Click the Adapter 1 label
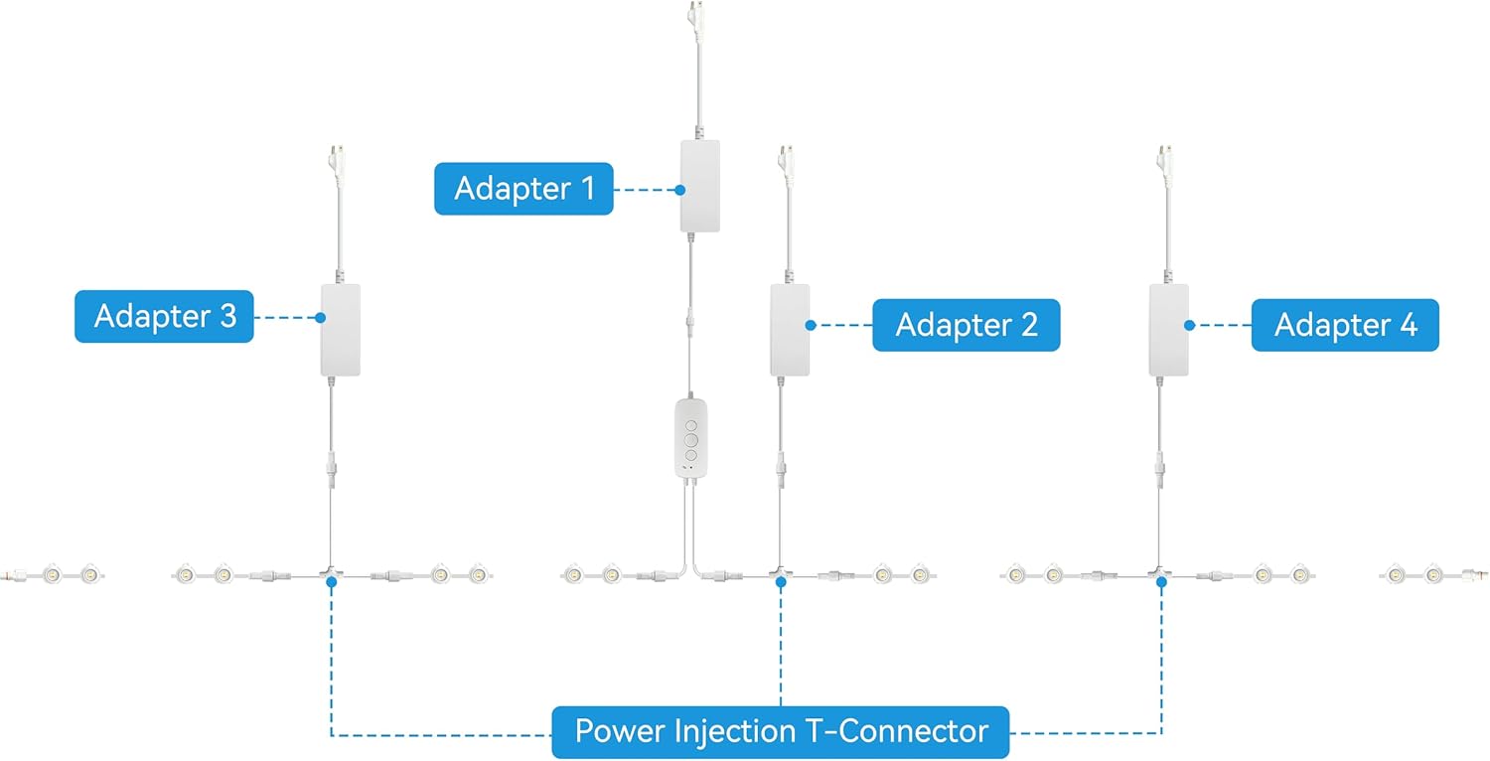[x=523, y=189]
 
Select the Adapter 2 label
[x=966, y=325]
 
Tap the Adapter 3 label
[x=164, y=316]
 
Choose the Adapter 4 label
[x=1345, y=325]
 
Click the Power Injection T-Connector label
[x=781, y=733]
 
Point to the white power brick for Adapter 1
[x=699, y=186]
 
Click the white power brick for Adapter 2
[x=790, y=330]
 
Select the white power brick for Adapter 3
[x=340, y=330]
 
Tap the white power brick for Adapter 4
[x=1168, y=330]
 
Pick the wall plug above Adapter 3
[x=339, y=161]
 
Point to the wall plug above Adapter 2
[x=789, y=161]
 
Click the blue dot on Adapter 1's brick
[x=680, y=189]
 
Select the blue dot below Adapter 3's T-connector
[x=331, y=582]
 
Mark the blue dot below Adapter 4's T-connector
[x=1161, y=582]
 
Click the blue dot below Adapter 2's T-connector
[x=781, y=582]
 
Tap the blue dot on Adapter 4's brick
[x=1189, y=325]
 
